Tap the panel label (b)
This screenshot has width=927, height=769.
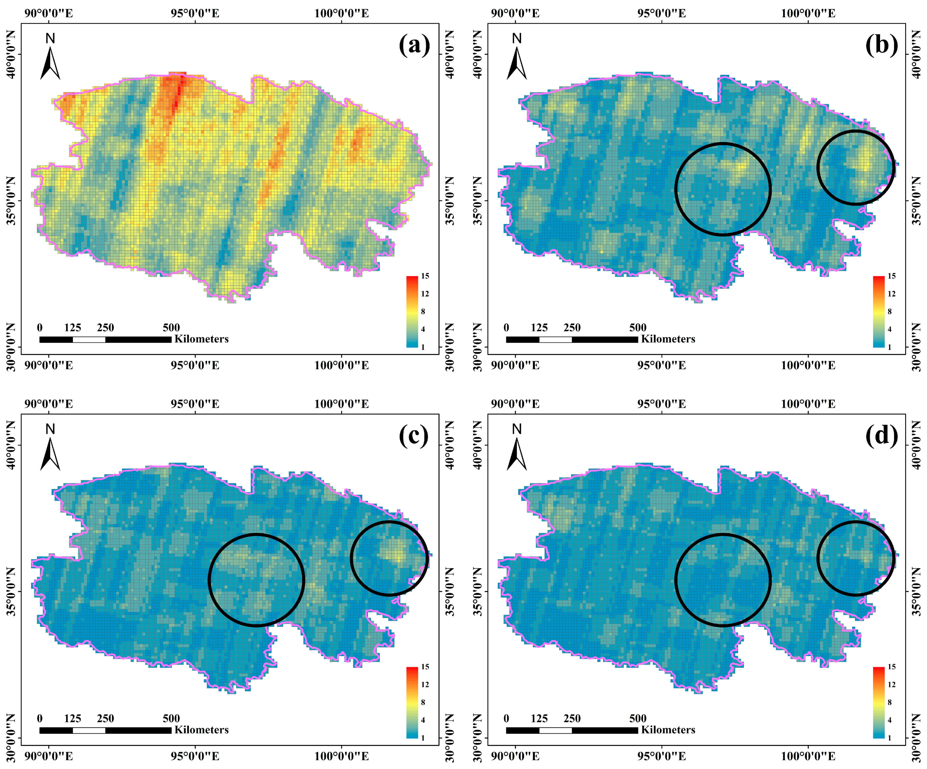881,46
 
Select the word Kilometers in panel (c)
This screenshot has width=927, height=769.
201,730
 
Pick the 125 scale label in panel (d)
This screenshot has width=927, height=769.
539,718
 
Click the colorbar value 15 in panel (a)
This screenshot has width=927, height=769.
425,276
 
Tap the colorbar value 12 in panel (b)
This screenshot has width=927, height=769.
891,294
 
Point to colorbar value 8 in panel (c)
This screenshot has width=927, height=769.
423,702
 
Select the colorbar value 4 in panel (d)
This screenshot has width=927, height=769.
889,720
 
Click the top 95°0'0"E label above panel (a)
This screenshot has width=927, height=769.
195,13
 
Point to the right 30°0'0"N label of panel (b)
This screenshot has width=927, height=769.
917,347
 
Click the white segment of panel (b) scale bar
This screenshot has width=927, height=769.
555,340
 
